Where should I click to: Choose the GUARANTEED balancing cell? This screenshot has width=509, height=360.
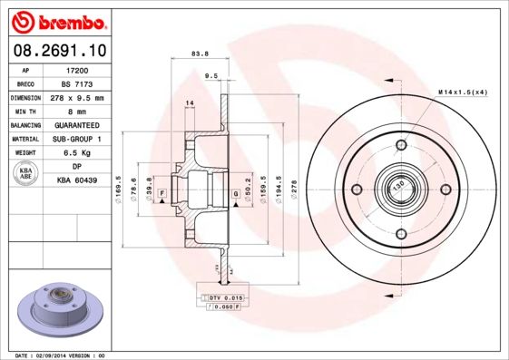pos(77,125)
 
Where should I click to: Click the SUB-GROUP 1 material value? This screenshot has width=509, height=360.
pos(77,140)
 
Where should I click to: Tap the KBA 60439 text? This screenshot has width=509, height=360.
pos(77,181)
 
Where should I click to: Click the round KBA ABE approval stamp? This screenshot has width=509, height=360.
pos(26,174)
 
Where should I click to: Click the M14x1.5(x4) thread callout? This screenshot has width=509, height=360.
pos(463,92)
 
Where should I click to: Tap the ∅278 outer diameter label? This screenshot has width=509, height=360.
pos(292,190)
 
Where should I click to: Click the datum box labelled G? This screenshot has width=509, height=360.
pos(235,193)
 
